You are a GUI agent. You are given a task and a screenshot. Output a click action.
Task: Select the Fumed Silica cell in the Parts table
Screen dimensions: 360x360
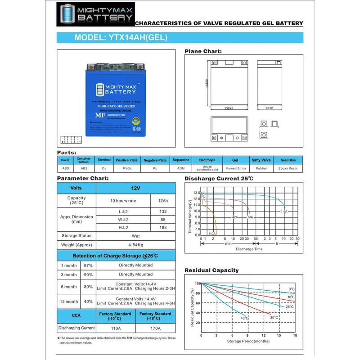[x=235, y=168]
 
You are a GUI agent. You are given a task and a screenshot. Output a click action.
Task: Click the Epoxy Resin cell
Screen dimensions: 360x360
[x=288, y=168]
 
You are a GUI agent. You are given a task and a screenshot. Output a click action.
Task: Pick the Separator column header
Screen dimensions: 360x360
[x=181, y=160]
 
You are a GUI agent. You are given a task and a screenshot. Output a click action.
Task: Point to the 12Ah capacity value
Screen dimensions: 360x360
[x=163, y=201]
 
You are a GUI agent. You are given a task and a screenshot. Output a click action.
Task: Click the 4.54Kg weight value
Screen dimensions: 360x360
[x=136, y=245]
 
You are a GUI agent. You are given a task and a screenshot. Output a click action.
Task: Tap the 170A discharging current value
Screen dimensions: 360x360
[x=156, y=328]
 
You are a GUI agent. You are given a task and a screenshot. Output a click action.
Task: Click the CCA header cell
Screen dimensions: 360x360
[x=76, y=315]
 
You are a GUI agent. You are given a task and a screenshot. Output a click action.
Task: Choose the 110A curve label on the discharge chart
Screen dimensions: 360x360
[x=211, y=234]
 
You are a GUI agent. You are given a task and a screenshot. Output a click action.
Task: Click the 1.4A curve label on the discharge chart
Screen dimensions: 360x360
[x=284, y=211]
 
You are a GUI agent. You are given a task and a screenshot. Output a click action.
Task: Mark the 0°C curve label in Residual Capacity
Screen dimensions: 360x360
[x=292, y=289]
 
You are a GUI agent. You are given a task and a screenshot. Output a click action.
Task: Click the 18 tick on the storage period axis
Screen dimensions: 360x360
[x=295, y=336]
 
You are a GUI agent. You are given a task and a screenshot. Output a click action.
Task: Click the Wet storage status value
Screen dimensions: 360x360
[x=136, y=236]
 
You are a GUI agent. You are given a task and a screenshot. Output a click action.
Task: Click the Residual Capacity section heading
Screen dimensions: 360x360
[x=211, y=270]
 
